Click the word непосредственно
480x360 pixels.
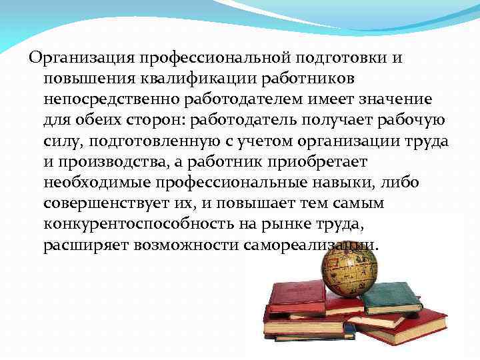click(107, 99)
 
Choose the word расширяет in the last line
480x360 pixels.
click(85, 245)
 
